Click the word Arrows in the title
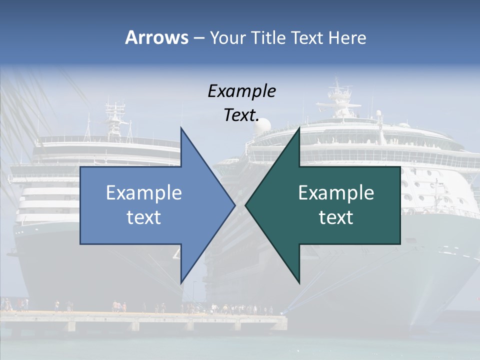tap(156, 37)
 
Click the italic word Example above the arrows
tap(241, 91)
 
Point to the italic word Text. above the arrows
tap(241, 115)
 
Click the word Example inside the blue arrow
tap(144, 192)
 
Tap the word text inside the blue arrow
tap(144, 217)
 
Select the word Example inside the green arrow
tap(336, 192)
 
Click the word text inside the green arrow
tap(336, 217)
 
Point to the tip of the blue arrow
tap(234, 205)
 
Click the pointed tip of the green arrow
tap(245, 205)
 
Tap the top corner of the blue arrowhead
tap(181, 128)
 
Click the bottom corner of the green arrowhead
tap(299, 282)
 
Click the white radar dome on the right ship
tap(262, 126)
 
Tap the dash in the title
tap(198, 38)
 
